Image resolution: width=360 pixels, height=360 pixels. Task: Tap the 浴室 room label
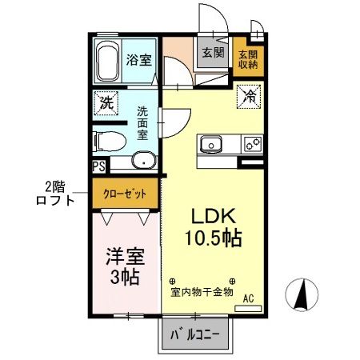[x=139, y=60]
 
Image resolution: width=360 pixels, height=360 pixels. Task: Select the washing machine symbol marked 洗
[x=105, y=102]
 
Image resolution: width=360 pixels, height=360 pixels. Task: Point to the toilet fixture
[x=106, y=142]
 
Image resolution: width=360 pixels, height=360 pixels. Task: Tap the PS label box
[x=98, y=166]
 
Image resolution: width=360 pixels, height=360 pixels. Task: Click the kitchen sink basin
[x=212, y=144]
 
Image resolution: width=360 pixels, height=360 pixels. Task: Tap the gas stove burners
[x=253, y=144]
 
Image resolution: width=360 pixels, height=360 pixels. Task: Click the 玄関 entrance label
[x=212, y=54]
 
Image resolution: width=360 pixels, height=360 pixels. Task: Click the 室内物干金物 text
[x=202, y=293]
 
